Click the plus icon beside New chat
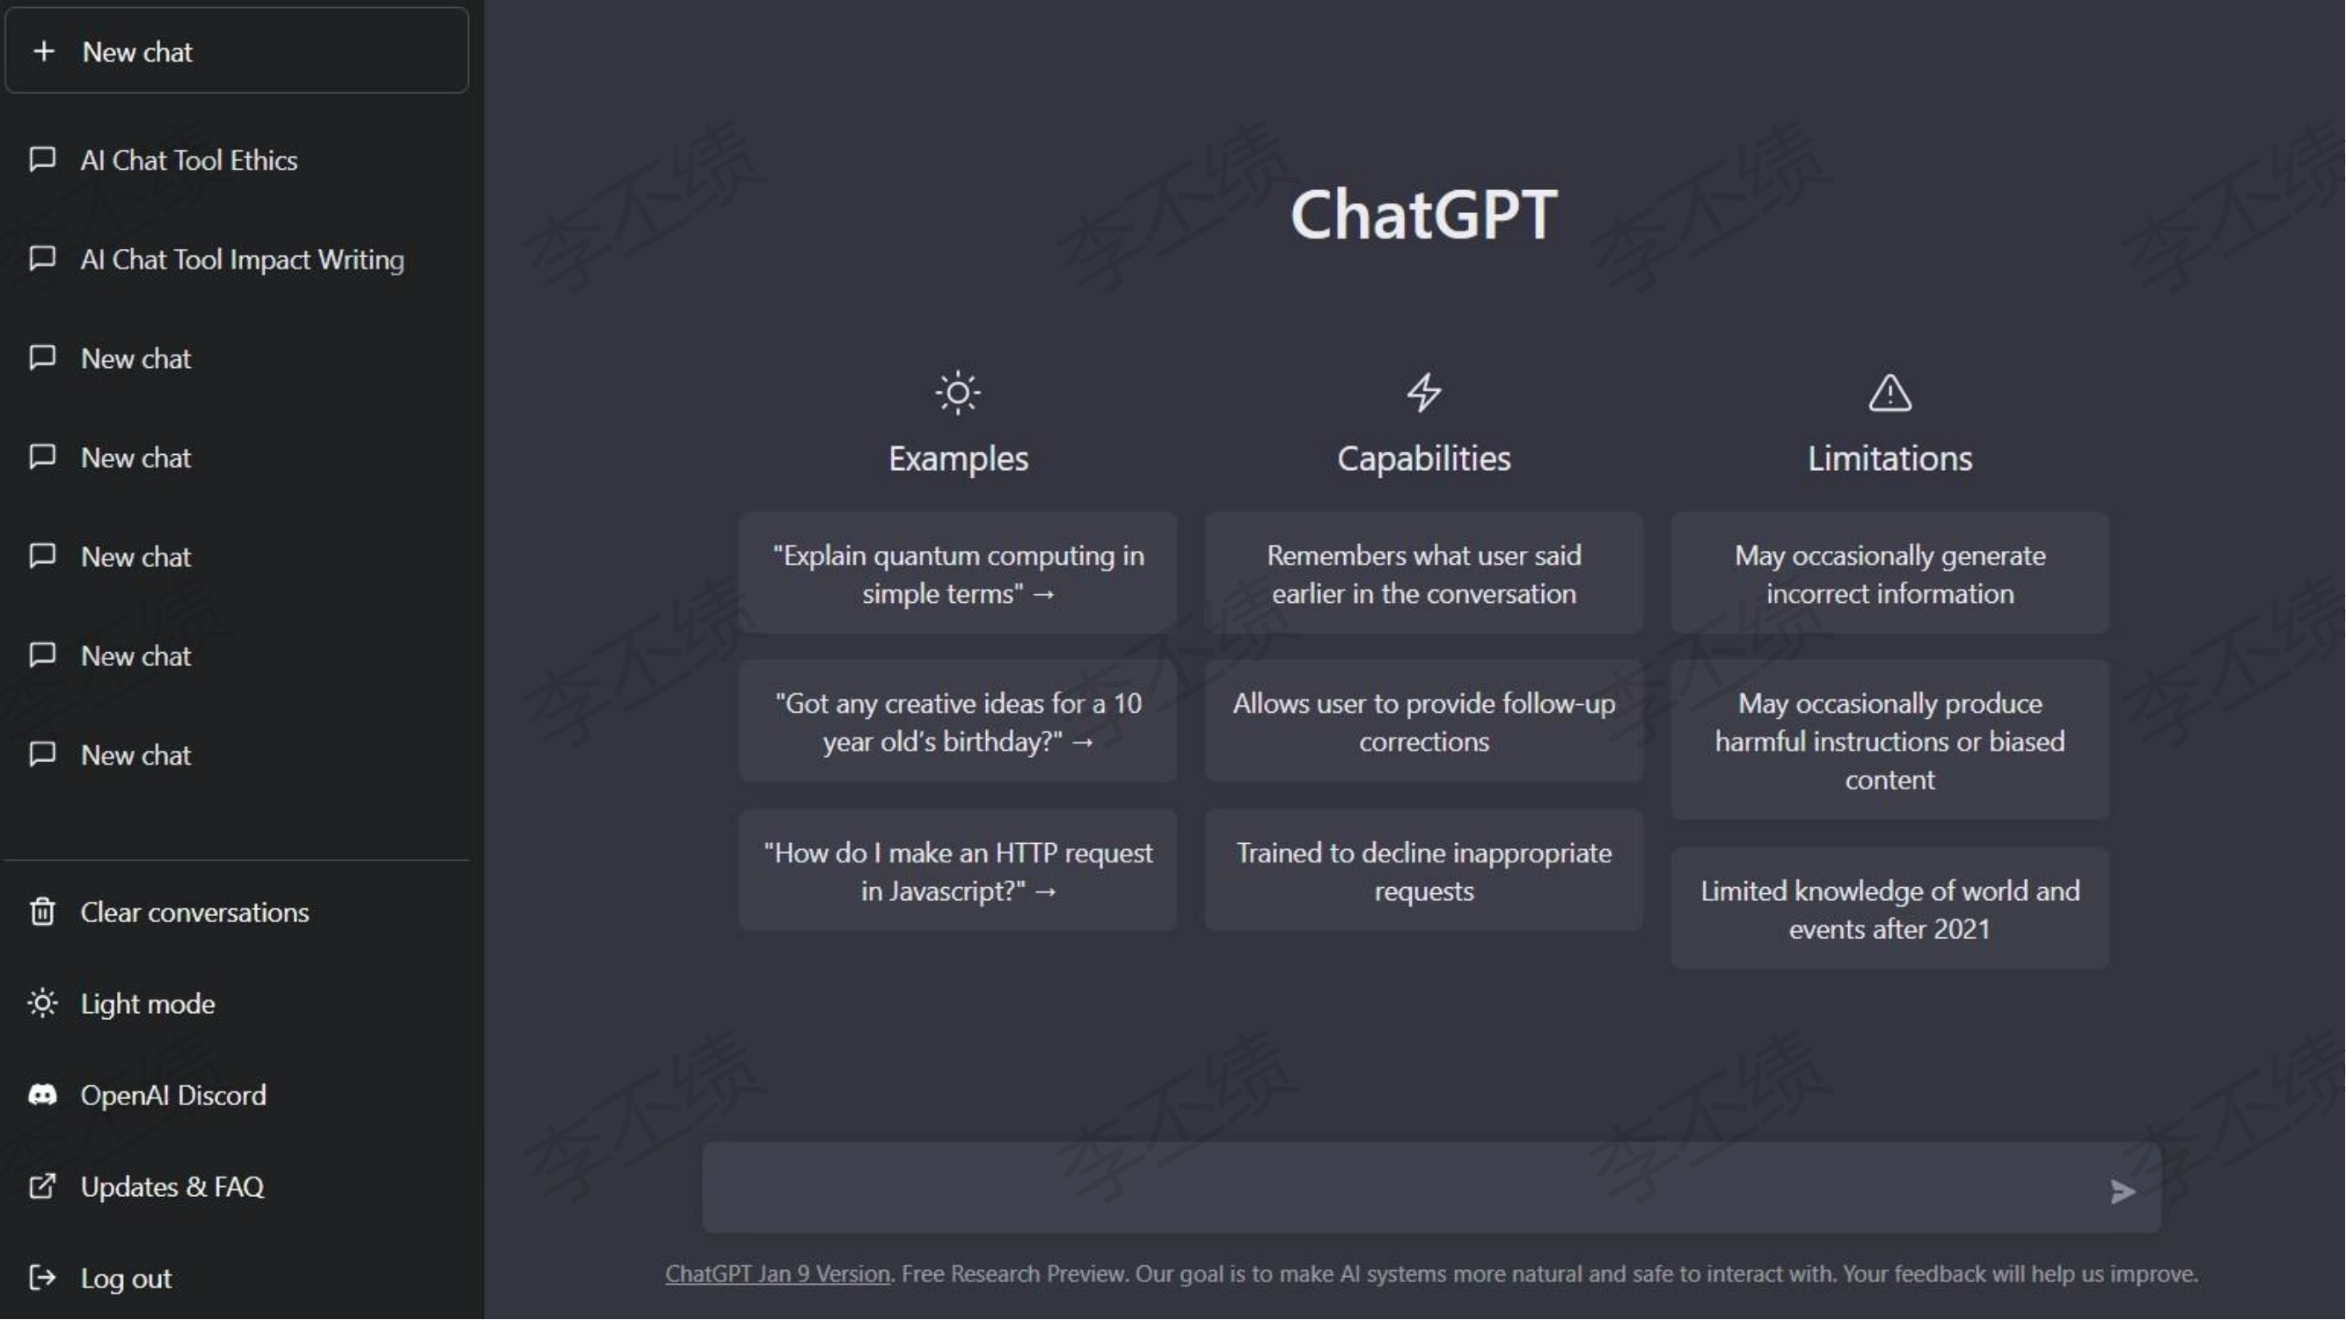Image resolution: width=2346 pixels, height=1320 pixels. pyautogui.click(x=44, y=51)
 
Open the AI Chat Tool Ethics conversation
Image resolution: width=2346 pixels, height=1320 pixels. pyautogui.click(x=188, y=160)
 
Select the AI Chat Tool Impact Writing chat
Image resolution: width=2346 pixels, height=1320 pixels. pyautogui.click(x=242, y=260)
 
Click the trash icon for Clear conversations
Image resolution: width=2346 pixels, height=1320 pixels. pyautogui.click(x=43, y=912)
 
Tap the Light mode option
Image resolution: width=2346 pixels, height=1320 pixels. pyautogui.click(x=148, y=1004)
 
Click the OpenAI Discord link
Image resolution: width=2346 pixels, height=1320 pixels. pyautogui.click(x=173, y=1095)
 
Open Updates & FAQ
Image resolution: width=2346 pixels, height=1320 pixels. pyautogui.click(x=172, y=1187)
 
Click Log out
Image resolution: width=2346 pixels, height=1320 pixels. pyautogui.click(x=126, y=1279)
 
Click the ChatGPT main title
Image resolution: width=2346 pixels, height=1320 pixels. pyautogui.click(x=1424, y=215)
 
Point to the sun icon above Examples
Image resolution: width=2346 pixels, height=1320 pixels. pyautogui.click(x=958, y=393)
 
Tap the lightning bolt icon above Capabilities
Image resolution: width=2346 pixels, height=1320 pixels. pyautogui.click(x=1424, y=392)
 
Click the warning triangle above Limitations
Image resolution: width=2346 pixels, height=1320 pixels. pyautogui.click(x=1890, y=393)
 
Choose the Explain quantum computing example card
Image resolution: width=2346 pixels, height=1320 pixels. pyautogui.click(x=958, y=574)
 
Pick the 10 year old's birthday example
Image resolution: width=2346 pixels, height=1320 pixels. pyautogui.click(x=958, y=722)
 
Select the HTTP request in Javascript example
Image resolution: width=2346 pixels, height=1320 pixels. pyautogui.click(x=958, y=871)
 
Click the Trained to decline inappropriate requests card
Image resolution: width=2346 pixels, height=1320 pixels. pyautogui.click(x=1424, y=871)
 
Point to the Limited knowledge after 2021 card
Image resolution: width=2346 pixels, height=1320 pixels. pyautogui.click(x=1890, y=909)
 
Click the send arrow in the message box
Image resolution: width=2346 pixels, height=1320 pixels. pyautogui.click(x=2123, y=1192)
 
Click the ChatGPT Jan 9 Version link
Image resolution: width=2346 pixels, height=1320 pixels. pyautogui.click(x=778, y=1273)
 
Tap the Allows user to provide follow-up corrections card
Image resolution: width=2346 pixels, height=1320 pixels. pyautogui.click(x=1424, y=722)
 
